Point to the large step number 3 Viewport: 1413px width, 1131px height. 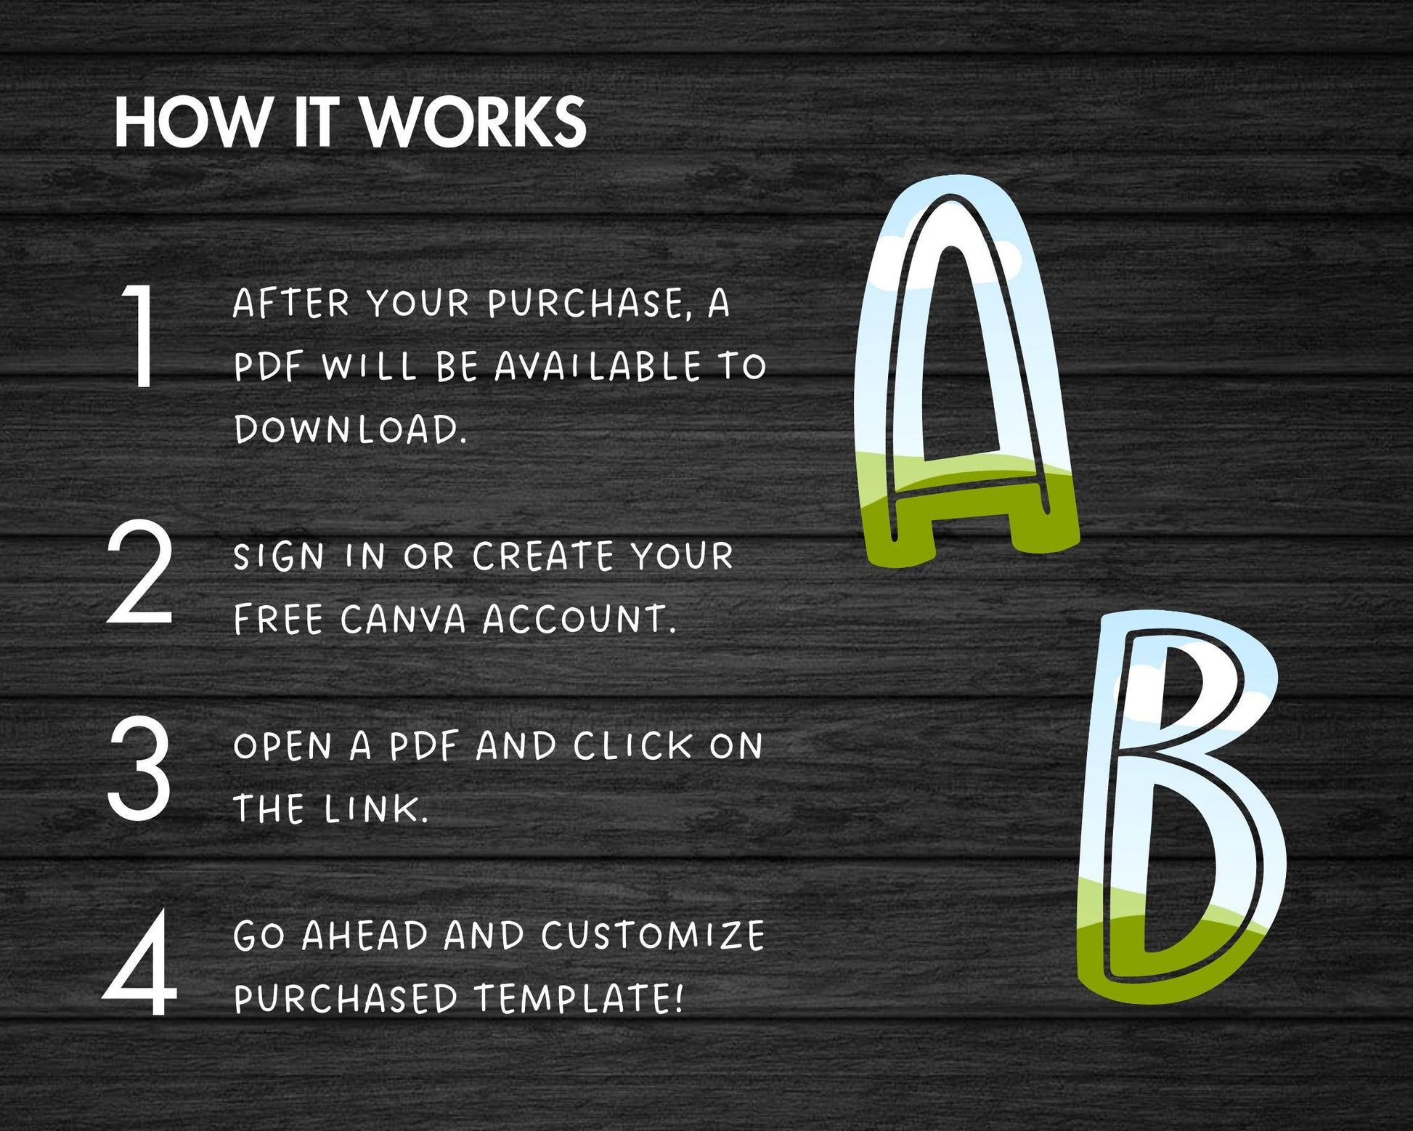click(139, 768)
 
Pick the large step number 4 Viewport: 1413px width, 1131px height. click(140, 964)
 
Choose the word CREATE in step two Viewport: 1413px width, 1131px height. click(543, 557)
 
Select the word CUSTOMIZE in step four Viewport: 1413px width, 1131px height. click(653, 936)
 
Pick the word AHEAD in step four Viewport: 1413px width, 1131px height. click(365, 936)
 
